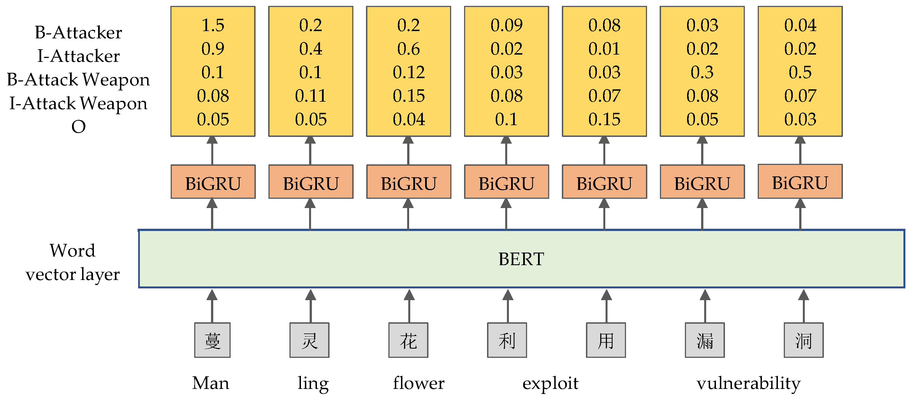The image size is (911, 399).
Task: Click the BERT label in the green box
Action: click(x=521, y=259)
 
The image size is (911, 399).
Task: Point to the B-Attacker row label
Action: click(x=78, y=32)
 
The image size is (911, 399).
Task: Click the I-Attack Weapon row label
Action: click(x=78, y=103)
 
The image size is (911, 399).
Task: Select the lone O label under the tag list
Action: click(x=78, y=127)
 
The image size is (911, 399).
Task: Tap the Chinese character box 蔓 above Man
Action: click(x=212, y=340)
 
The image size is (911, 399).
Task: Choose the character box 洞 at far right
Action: click(x=803, y=340)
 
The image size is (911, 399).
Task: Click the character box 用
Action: click(x=606, y=340)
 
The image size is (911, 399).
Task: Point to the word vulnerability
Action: click(x=748, y=383)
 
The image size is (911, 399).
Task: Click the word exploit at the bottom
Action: click(x=550, y=383)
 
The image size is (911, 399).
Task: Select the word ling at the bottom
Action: click(x=313, y=383)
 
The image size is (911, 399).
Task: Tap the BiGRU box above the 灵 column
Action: click(x=310, y=182)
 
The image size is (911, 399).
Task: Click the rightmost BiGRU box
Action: click(x=800, y=182)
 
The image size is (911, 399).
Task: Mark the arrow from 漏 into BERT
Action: click(x=705, y=306)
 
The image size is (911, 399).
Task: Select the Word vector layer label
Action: click(x=73, y=262)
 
